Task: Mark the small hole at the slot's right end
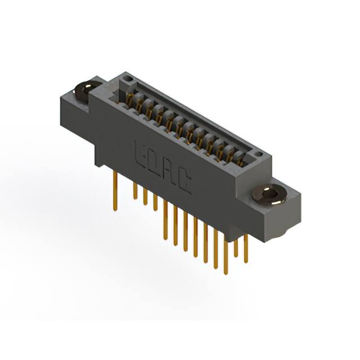[258, 154]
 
